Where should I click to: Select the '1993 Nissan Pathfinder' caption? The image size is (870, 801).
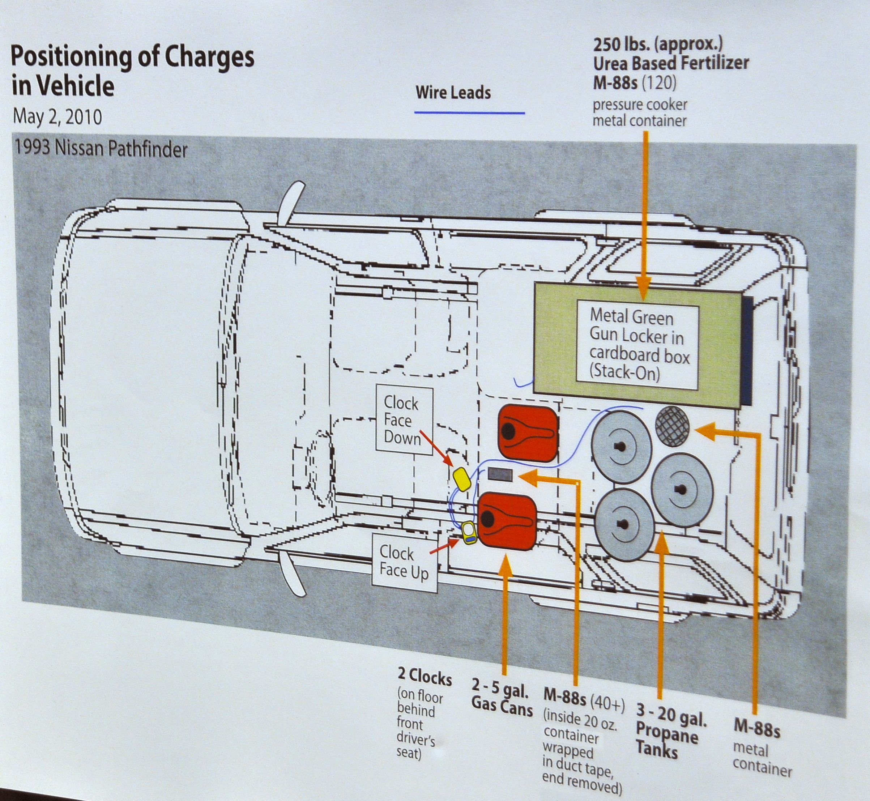click(101, 149)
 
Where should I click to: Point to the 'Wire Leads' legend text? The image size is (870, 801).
click(453, 93)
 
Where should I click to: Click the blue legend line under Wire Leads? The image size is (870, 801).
click(469, 113)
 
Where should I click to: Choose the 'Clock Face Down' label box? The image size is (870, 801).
click(403, 420)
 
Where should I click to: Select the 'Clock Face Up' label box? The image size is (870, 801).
click(404, 562)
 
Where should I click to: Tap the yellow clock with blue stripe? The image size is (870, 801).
click(469, 533)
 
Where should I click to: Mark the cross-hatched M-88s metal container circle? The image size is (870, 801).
click(672, 426)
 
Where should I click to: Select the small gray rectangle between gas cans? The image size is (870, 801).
click(500, 474)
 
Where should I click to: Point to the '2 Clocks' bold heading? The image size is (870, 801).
click(425, 677)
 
